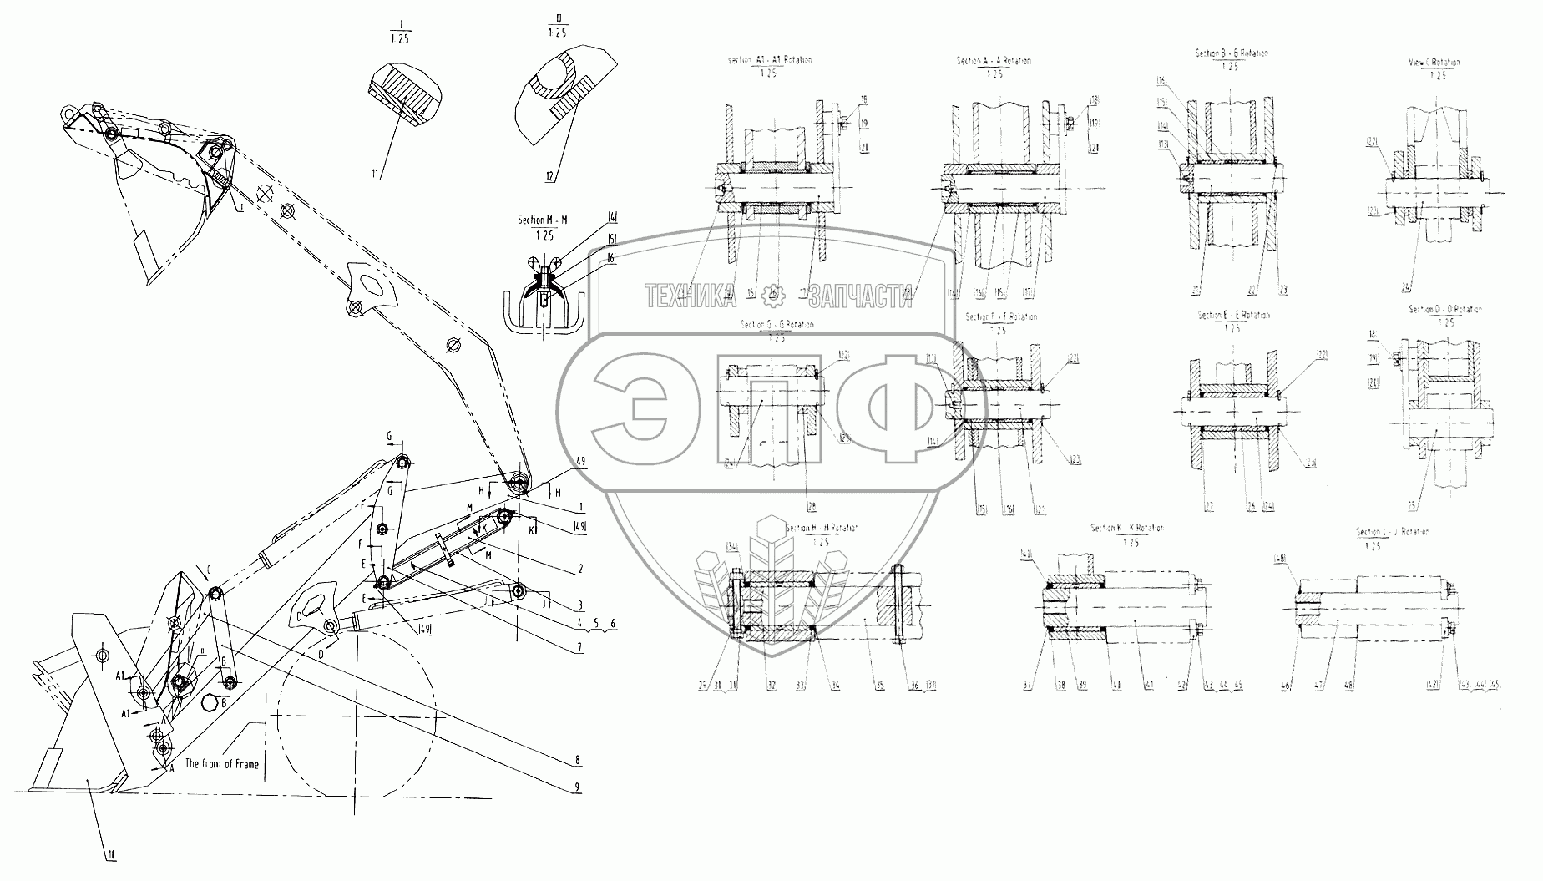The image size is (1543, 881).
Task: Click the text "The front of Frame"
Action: [x=221, y=763]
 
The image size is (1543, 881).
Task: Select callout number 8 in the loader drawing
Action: [x=577, y=761]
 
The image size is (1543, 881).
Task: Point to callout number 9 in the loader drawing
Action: [x=577, y=787]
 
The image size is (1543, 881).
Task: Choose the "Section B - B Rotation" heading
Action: [x=1231, y=53]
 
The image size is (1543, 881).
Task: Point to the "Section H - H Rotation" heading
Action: [x=822, y=529]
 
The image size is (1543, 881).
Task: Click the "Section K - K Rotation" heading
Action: [x=1126, y=529]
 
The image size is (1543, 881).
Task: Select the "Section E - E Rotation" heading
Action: [x=1233, y=316]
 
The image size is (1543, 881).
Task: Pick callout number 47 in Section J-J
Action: [x=1319, y=686]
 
